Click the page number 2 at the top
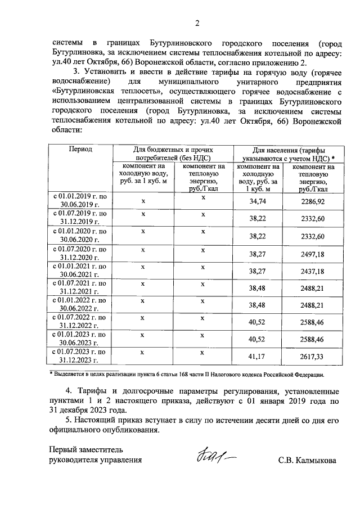coord(197,23)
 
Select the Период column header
coord(80,150)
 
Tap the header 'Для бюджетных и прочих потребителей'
coord(173,154)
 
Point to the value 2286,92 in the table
coord(313,201)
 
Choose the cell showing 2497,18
coord(313,254)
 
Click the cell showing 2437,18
coord(313,272)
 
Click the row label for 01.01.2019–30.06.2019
coord(80,200)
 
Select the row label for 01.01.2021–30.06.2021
coord(80,271)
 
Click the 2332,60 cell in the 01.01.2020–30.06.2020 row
coord(313,236)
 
